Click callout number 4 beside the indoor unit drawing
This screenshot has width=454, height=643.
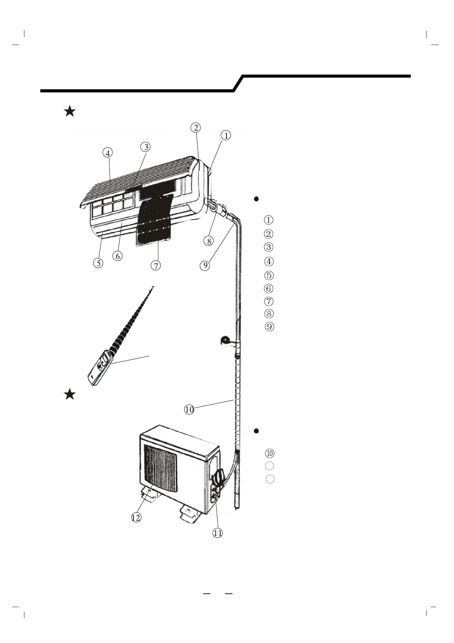pyautogui.click(x=108, y=153)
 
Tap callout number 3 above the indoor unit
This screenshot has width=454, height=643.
pyautogui.click(x=145, y=147)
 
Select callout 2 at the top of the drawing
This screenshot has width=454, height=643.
pyautogui.click(x=196, y=128)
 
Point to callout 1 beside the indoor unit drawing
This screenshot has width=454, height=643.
pyautogui.click(x=226, y=135)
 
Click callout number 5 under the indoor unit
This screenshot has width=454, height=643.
pyautogui.click(x=98, y=263)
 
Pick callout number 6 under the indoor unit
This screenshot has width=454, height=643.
pyautogui.click(x=117, y=256)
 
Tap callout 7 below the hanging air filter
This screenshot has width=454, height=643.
pyautogui.click(x=156, y=266)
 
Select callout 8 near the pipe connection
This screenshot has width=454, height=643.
pyautogui.click(x=208, y=241)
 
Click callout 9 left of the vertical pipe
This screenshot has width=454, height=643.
pyautogui.click(x=205, y=265)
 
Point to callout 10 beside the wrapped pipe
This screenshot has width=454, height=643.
pyautogui.click(x=189, y=410)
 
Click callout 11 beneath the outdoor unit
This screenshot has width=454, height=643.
pyautogui.click(x=217, y=533)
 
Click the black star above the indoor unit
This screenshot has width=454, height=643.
pyautogui.click(x=70, y=112)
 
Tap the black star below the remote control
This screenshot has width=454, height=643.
pyautogui.click(x=70, y=394)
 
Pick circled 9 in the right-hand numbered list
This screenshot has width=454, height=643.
pyautogui.click(x=269, y=327)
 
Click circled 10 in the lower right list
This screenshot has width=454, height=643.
pyautogui.click(x=270, y=454)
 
